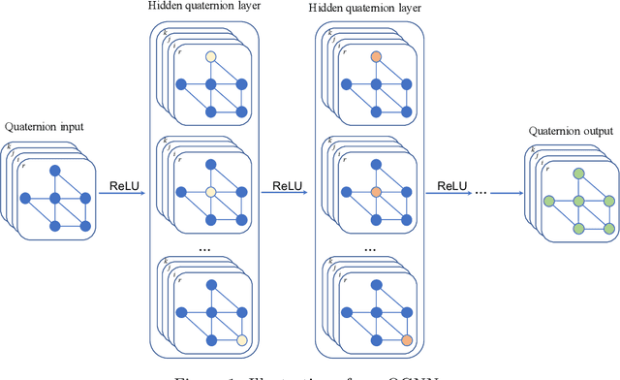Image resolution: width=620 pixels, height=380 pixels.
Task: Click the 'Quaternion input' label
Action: tap(44, 126)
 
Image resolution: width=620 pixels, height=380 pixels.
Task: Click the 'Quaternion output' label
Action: tap(567, 131)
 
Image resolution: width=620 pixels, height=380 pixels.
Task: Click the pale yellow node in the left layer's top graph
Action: tap(210, 57)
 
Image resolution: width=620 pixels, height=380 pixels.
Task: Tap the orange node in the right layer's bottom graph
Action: tap(407, 339)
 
